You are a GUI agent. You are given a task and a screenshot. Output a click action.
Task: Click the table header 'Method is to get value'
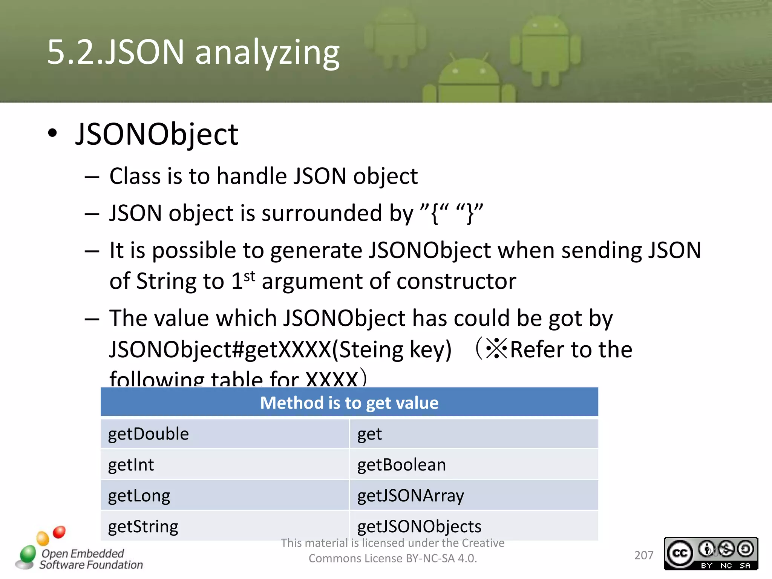(349, 403)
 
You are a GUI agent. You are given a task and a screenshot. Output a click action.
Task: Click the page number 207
(643, 555)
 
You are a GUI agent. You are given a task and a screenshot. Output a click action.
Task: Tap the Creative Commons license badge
(711, 553)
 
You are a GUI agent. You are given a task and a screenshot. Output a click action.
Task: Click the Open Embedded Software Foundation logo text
(91, 559)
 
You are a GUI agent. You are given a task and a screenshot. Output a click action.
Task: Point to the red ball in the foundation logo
(59, 532)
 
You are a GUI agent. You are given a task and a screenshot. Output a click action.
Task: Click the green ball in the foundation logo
(28, 554)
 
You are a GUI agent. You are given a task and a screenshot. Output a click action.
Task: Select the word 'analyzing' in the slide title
(267, 52)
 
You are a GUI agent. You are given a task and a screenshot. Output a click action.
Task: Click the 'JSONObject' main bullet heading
(157, 134)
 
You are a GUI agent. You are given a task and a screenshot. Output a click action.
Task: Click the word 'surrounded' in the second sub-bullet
(322, 213)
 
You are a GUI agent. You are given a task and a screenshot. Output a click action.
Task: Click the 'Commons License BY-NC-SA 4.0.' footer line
(393, 558)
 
